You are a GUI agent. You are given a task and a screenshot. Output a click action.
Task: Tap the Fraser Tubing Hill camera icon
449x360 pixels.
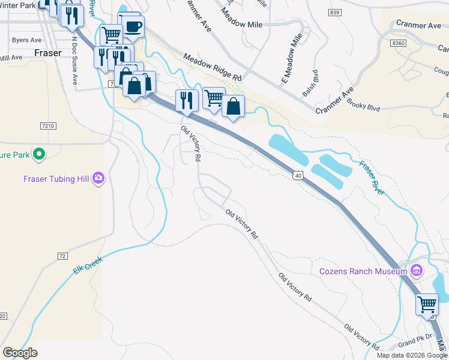[98, 178]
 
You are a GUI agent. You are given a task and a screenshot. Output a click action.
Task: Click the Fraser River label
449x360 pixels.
[372, 177]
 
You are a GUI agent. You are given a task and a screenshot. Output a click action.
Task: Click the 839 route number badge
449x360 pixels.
[335, 13]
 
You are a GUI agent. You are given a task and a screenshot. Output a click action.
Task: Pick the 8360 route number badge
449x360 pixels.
[397, 43]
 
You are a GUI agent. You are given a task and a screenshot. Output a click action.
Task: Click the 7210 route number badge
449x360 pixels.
[49, 126]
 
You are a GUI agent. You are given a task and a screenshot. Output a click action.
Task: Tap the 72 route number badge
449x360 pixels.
[62, 256]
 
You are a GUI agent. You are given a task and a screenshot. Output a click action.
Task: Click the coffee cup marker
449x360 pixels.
[132, 27]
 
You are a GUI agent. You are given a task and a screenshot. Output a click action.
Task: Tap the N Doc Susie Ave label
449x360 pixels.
[74, 62]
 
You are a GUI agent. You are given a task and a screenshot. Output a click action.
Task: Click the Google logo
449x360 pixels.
[20, 353]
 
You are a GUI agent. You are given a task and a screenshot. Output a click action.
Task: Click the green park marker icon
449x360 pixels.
[39, 154]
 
